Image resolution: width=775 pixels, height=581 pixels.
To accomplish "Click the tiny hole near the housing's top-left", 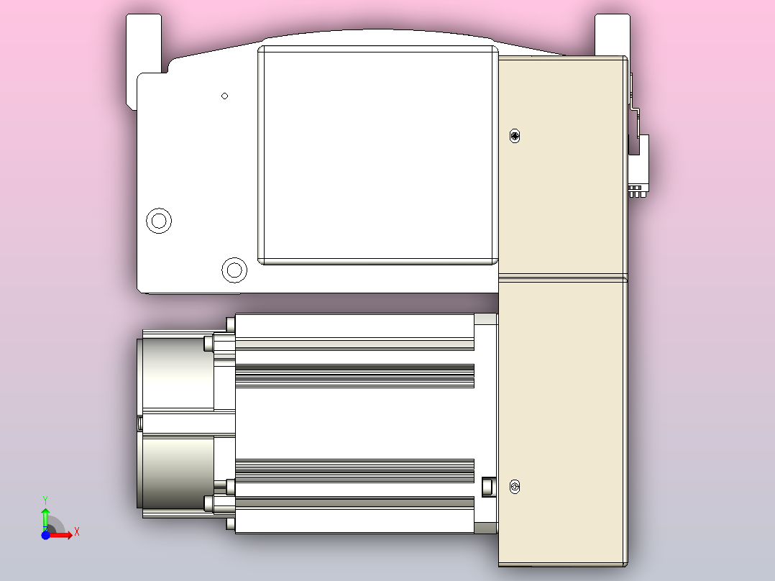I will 225,96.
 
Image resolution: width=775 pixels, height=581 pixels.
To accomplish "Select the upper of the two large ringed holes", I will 159,221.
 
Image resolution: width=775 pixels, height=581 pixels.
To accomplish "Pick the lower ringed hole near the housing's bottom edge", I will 234,270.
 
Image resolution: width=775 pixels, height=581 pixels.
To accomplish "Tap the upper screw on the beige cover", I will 514,136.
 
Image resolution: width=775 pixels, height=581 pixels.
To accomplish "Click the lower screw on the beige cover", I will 514,488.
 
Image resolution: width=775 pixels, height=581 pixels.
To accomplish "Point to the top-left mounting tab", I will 144,43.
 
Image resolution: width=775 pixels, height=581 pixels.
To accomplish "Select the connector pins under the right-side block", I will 636,192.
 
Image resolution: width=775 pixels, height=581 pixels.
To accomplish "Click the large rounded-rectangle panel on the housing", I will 378,155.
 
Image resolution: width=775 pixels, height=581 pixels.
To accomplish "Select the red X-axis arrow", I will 61,535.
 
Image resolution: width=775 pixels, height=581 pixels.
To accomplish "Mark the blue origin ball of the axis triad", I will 45,536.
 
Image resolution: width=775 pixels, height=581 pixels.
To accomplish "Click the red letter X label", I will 76,532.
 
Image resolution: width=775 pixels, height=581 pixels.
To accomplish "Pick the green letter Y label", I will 45,498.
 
